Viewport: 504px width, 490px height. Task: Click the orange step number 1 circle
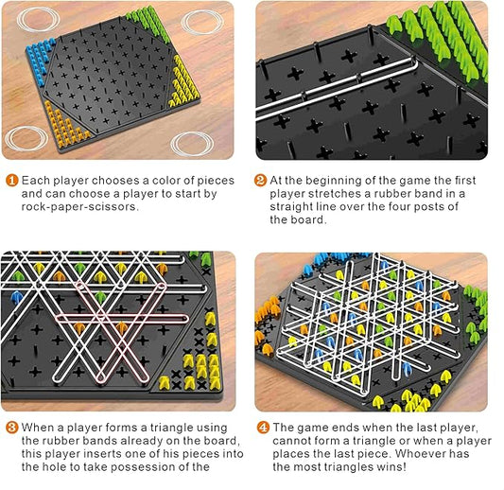(11, 181)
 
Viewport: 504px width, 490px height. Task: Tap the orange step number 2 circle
(260, 181)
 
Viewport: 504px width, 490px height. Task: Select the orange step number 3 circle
(12, 428)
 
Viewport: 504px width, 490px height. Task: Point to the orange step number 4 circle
(263, 428)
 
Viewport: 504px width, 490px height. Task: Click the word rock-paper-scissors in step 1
(80, 207)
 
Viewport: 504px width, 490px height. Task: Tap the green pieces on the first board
(148, 23)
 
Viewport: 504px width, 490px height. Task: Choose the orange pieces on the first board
(65, 126)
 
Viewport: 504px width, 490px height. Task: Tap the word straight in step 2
(291, 207)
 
